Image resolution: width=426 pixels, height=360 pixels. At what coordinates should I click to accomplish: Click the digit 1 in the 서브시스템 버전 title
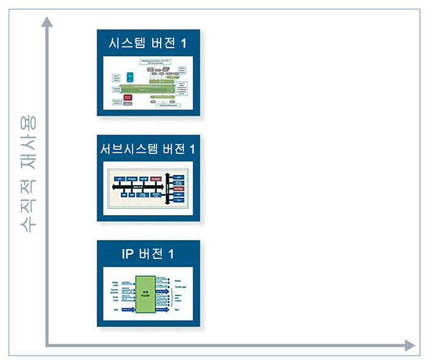tap(193, 149)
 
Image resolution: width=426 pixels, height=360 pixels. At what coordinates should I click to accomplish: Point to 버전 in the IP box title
tap(152, 254)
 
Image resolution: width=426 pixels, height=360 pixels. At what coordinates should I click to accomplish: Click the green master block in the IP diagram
tap(146, 294)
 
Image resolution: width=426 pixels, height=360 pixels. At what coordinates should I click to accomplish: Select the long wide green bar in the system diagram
tap(152, 89)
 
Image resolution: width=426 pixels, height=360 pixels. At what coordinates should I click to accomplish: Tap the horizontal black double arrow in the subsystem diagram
tap(140, 186)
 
